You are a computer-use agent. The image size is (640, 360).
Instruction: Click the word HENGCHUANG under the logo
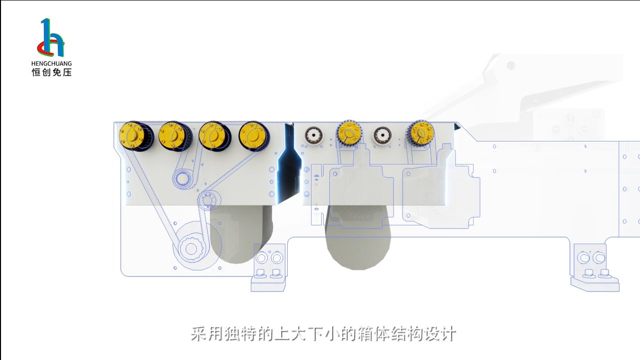point(51,63)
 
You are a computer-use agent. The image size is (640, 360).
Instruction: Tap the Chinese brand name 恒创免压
point(51,72)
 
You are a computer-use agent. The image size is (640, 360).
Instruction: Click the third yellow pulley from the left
point(212,135)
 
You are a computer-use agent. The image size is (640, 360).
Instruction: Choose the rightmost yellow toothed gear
point(420,133)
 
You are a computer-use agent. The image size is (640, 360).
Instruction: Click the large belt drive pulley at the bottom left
point(190,247)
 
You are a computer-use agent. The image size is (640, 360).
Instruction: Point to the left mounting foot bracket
point(269,267)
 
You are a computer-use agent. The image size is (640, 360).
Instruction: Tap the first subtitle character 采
point(198,333)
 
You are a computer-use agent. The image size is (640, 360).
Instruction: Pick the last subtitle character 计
point(448,333)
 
